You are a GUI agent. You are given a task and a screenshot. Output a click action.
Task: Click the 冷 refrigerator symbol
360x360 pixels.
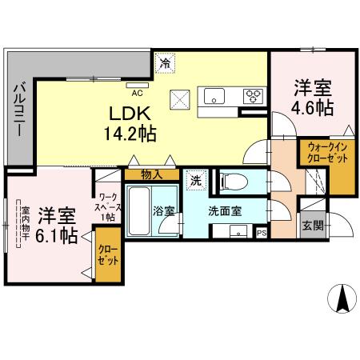coord(165,61)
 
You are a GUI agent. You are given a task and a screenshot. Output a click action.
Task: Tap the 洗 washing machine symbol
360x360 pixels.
coord(194,181)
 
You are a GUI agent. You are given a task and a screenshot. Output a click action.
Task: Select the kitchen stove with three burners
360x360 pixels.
coord(254,97)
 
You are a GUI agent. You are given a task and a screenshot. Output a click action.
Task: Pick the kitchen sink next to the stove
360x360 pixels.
coord(216,97)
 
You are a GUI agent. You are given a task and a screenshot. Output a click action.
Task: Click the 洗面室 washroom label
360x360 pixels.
coord(225,212)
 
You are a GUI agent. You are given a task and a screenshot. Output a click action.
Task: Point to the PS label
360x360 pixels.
coord(262,233)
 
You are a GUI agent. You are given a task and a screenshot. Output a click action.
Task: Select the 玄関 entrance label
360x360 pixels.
coord(313,226)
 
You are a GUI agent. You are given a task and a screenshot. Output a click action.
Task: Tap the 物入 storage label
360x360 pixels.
coord(151,173)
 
